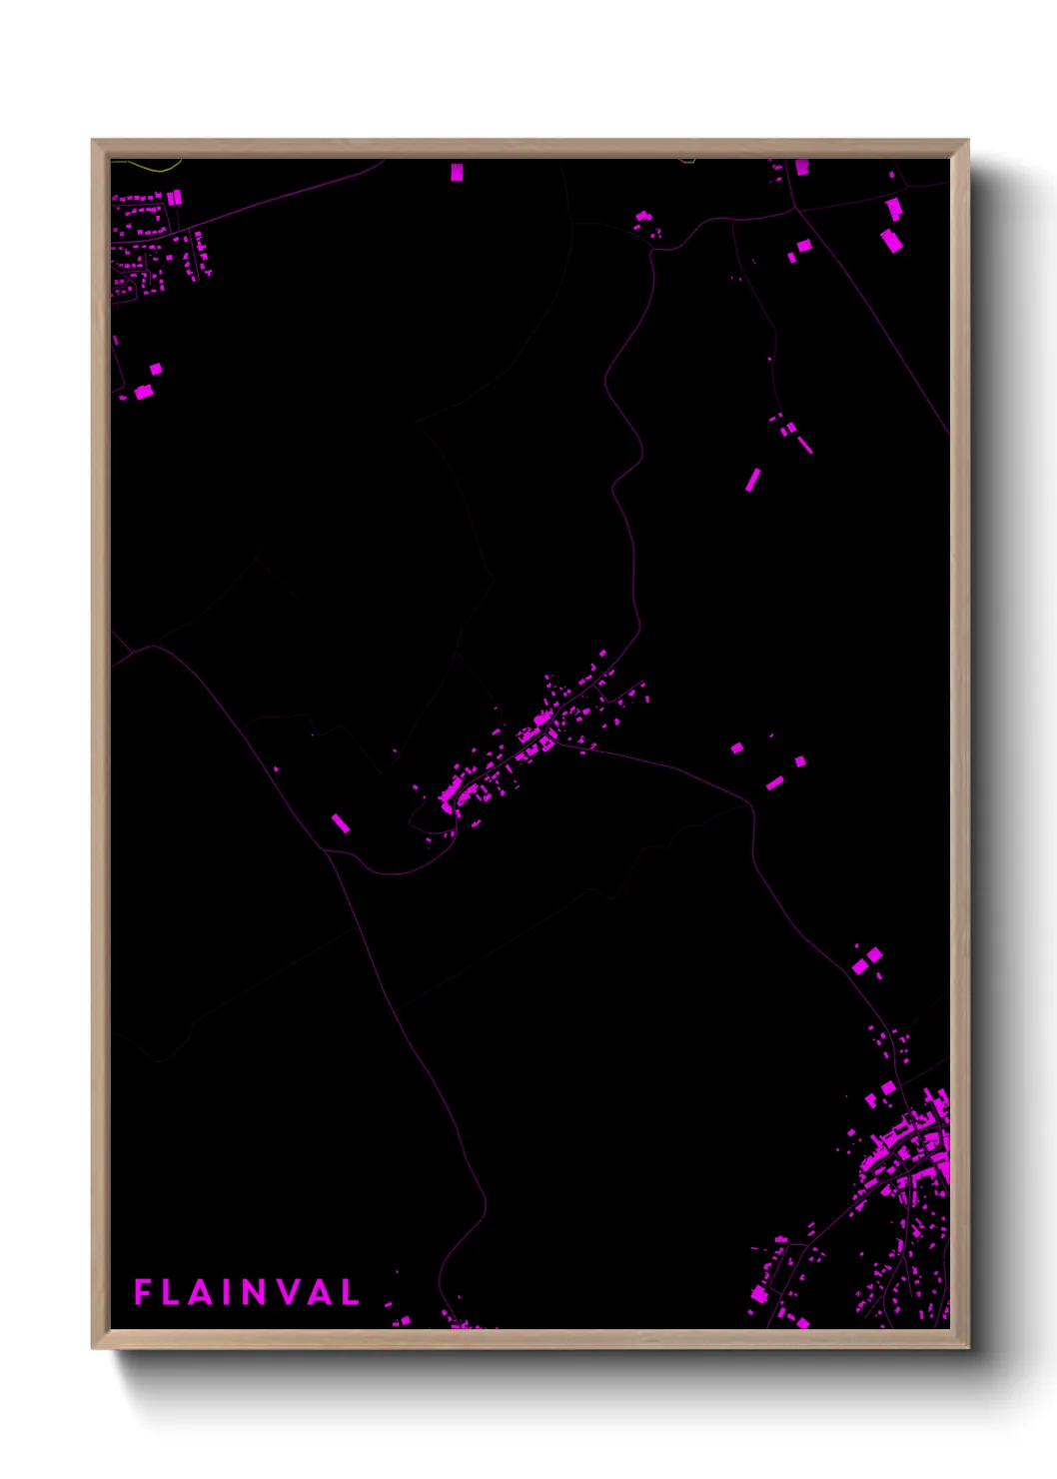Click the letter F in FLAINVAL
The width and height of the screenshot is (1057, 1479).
point(142,1292)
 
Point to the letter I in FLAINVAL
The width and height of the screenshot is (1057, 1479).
point(230,1292)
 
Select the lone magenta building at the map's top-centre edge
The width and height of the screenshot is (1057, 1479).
point(457,172)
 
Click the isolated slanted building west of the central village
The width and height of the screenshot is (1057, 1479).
point(341,822)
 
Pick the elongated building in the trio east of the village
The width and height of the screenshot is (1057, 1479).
point(774,783)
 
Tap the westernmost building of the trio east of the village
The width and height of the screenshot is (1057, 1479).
point(736,747)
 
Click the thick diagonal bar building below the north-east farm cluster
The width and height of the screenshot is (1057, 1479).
point(752,480)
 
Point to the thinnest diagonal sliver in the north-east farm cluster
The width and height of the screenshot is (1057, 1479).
point(805,444)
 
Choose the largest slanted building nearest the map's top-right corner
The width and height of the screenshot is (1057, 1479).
point(891,241)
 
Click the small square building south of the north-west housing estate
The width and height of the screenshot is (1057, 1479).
point(156,370)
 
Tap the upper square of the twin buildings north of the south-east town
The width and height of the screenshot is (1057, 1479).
point(874,955)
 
